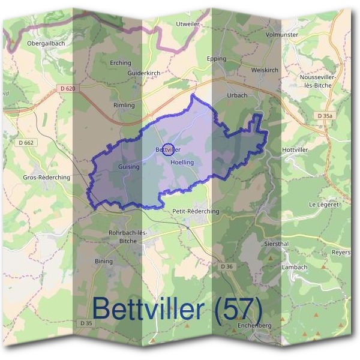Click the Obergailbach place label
[x=46, y=43]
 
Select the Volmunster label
[x=282, y=35]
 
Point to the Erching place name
[x=120, y=62]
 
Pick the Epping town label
[x=216, y=59]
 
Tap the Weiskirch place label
[x=265, y=70]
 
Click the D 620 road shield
[x=68, y=89]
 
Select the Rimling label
[x=124, y=105]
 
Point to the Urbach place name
[x=238, y=95]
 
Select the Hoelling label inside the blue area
[x=182, y=163]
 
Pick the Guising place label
[x=129, y=167]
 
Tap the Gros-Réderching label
[x=46, y=178]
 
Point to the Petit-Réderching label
[x=196, y=211]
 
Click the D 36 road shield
[x=226, y=266]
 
